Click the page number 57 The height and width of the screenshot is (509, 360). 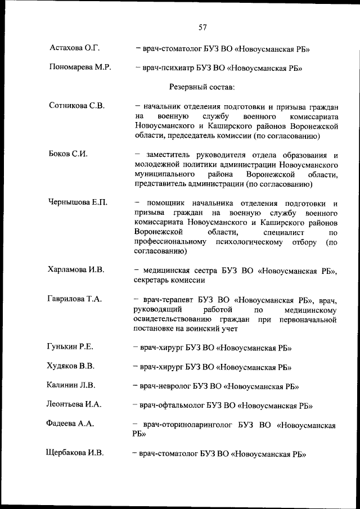pos(204,26)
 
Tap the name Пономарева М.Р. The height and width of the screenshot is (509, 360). pos(80,68)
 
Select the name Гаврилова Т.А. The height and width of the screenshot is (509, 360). pos(75,299)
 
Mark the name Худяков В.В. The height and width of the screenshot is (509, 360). pos(71,366)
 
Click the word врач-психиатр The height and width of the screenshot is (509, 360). pos(166,69)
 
